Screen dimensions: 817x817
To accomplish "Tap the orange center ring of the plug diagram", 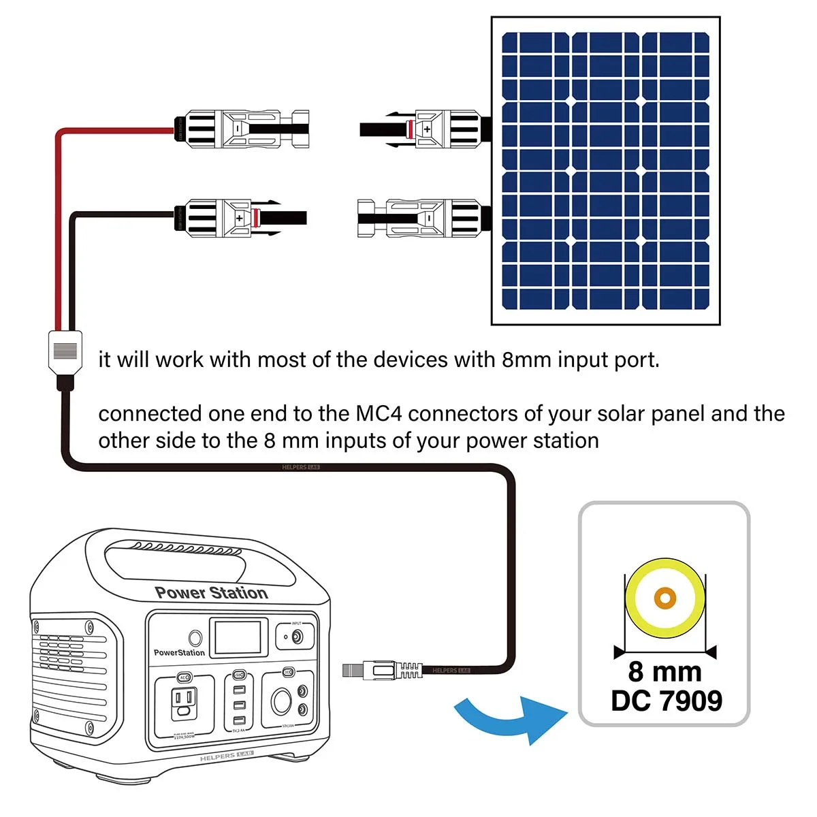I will tap(664, 598).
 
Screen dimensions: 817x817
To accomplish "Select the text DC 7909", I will tap(666, 701).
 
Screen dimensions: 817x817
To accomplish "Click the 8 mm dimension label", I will tap(664, 671).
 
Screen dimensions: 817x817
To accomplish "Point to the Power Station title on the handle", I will tap(211, 593).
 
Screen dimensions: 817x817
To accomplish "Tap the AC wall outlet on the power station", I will tap(185, 703).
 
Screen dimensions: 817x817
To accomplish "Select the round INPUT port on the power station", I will tap(297, 637).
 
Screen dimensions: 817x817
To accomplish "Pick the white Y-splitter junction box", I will tap(65, 353).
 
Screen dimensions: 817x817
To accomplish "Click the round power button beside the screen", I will tap(195, 638).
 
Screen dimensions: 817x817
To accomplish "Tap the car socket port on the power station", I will tap(281, 701).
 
